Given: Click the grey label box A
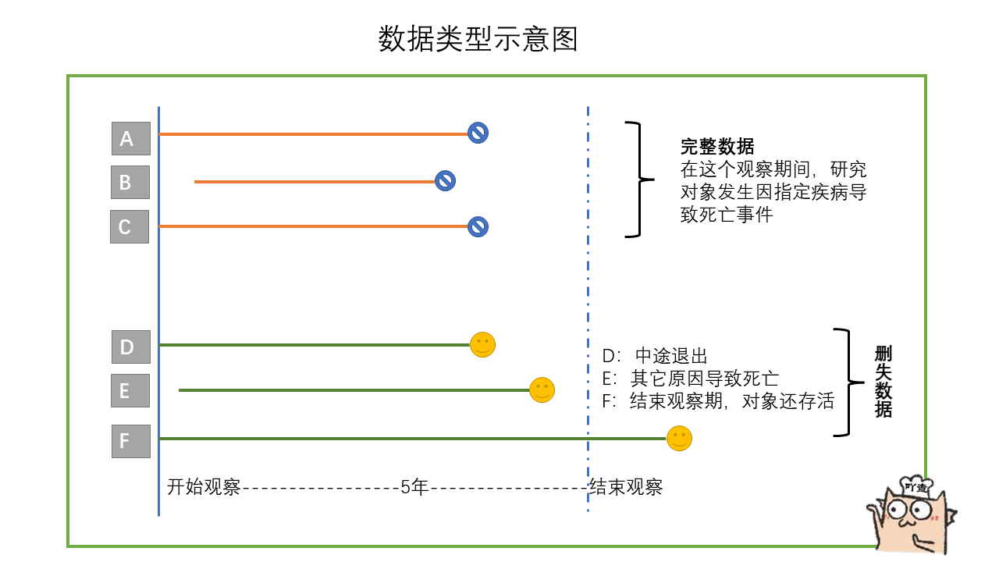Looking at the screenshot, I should tap(130, 139).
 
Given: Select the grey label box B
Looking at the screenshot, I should tap(130, 183).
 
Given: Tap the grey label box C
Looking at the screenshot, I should tap(129, 227).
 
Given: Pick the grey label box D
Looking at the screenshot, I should tap(130, 347).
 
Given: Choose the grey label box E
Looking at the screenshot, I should tap(130, 390).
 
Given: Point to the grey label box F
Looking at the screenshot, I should tap(130, 441).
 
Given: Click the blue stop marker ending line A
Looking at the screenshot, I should tap(478, 133).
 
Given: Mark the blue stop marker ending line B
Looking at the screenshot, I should tap(445, 181).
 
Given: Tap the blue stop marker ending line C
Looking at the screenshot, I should tap(478, 226).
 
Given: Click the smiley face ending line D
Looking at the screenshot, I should tap(483, 344).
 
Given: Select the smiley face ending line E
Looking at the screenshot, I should tap(542, 389).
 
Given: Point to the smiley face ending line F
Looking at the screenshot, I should tap(679, 438).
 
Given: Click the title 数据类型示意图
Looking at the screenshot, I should tap(478, 39).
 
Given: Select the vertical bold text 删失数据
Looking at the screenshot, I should tap(883, 382).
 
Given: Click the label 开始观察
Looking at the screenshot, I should tap(204, 487).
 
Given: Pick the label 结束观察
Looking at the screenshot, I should tap(626, 487).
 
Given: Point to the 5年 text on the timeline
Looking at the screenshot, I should tap(414, 487).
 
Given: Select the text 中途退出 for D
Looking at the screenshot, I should tap(671, 357).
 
